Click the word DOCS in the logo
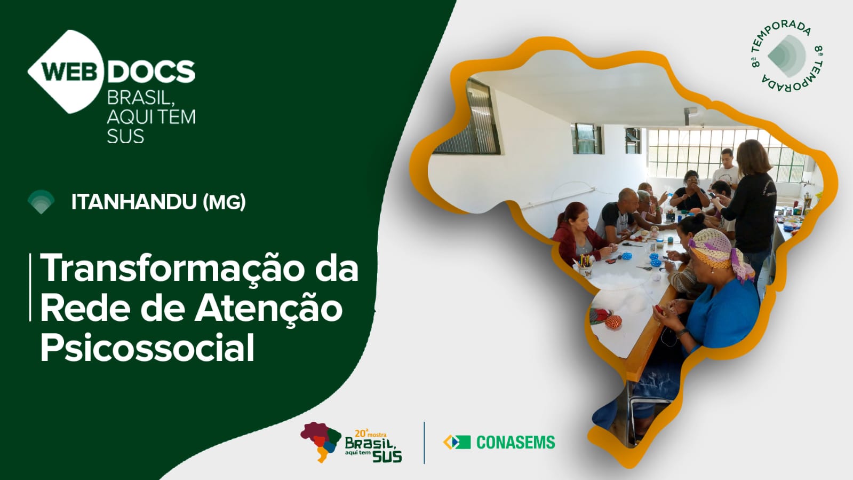[x=151, y=72]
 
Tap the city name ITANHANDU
[x=134, y=202]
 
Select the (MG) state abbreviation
[x=225, y=202]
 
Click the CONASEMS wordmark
[x=516, y=442]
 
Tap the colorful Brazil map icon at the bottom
[x=321, y=441]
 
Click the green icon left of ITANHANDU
[x=41, y=202]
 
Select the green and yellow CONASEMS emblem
[x=457, y=442]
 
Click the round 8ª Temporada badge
[x=787, y=56]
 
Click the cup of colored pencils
[x=585, y=266]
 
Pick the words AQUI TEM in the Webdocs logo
[x=151, y=117]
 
